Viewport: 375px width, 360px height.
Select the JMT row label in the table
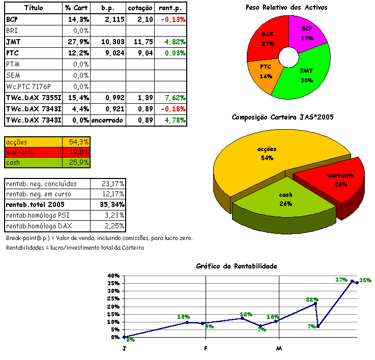click(14, 42)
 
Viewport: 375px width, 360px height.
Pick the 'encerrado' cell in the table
click(107, 120)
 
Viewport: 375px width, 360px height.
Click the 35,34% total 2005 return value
click(113, 204)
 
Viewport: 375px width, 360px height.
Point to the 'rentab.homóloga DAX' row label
click(39, 226)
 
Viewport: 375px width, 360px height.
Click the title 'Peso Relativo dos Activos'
click(286, 8)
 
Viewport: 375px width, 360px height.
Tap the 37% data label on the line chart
click(341, 280)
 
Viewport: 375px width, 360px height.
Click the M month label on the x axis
click(278, 348)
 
